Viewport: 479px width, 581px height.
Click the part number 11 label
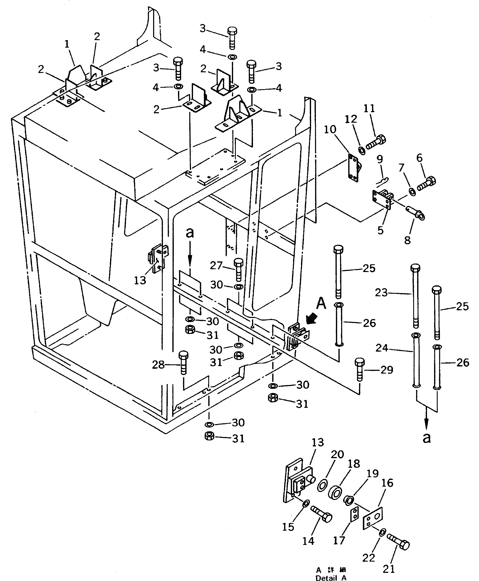tap(369, 108)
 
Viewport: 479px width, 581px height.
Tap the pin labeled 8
tap(415, 212)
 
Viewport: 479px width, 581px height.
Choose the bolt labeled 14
tap(321, 514)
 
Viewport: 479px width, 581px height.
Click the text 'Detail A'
tap(331, 577)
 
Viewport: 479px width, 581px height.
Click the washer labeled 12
tap(361, 150)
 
